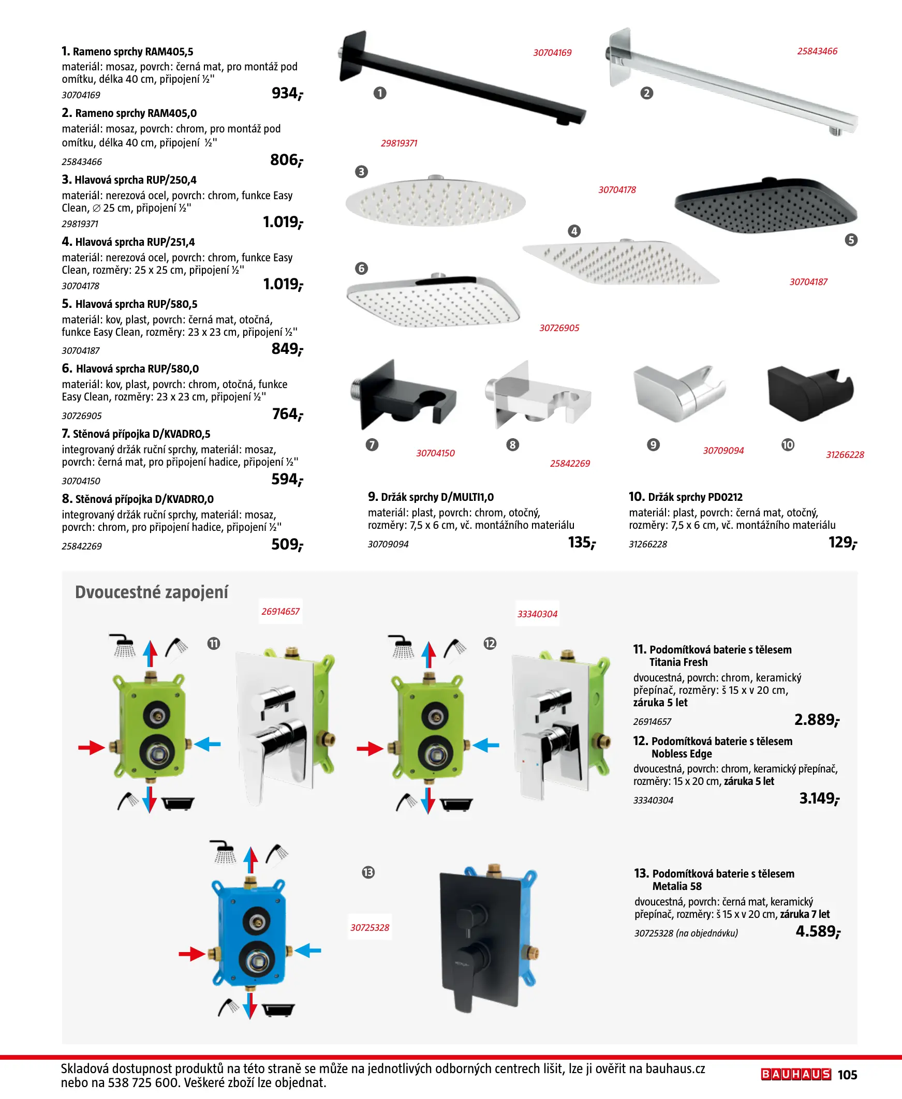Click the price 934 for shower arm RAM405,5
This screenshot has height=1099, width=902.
tap(287, 93)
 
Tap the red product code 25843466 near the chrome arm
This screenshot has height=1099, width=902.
tap(817, 51)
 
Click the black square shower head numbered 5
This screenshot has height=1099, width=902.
tap(765, 204)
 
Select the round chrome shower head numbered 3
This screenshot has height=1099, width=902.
tap(435, 200)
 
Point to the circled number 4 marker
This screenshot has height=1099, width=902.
tap(574, 231)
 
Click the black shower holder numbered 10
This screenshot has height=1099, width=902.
tap(810, 393)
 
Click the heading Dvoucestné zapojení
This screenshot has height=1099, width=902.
tap(152, 592)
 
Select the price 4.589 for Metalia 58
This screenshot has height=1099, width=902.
tap(818, 931)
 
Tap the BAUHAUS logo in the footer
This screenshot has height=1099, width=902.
tap(796, 1074)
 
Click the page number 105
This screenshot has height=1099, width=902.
tap(848, 1075)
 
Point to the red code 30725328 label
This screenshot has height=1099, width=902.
tap(370, 927)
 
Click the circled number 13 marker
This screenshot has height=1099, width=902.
tap(368, 872)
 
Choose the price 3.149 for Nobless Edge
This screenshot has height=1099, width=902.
tap(819, 798)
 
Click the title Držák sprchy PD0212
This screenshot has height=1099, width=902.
tap(695, 497)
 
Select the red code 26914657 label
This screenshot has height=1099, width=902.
tap(280, 611)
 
